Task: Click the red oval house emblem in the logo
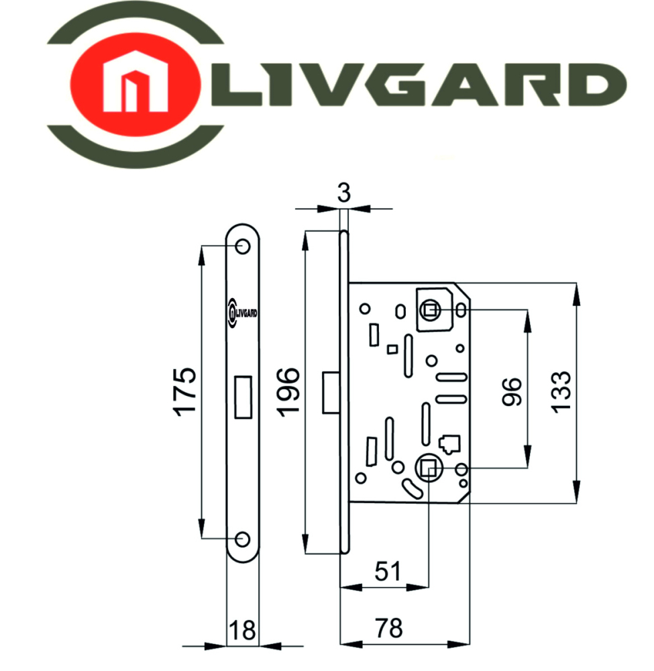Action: (135, 84)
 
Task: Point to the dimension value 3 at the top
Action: (344, 193)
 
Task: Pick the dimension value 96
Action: (512, 392)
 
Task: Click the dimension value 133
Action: (561, 393)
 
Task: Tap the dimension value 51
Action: (388, 571)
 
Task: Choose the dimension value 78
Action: (389, 628)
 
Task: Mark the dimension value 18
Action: (242, 630)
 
